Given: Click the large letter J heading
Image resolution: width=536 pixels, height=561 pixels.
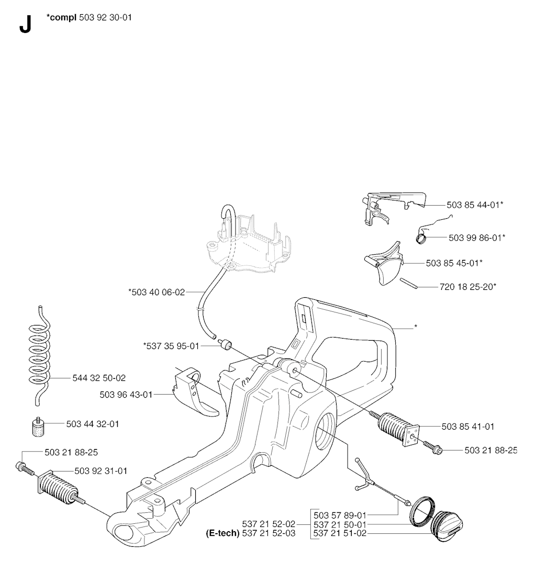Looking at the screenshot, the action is pos(26,25).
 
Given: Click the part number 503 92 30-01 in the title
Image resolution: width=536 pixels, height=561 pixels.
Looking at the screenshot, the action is pos(105,17).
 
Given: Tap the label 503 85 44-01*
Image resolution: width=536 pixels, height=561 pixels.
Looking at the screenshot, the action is pos(475,205).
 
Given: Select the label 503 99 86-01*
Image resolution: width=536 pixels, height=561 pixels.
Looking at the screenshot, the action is pos(477,238).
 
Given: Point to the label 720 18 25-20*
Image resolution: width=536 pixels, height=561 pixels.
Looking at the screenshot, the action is pos(468,287).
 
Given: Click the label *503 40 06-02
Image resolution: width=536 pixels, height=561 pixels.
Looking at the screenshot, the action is pos(157,293).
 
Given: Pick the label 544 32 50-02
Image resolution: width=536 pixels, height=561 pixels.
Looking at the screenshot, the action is pos(99,378).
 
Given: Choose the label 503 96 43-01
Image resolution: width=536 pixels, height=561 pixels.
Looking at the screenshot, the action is pos(126,395).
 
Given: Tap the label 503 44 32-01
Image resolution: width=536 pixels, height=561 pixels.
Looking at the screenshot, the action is pos(93,424).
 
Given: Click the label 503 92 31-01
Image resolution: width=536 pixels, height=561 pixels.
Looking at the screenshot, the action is pos(101,471).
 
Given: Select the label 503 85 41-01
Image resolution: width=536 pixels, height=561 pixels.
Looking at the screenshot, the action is pos(468,427).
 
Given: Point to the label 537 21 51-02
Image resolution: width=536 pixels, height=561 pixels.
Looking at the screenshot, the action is pos(340,533).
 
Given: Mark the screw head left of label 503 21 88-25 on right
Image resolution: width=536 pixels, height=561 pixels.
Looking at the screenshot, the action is pos(438,451).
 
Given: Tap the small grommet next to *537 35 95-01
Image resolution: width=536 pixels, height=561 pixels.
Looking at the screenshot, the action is pos(226,345).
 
